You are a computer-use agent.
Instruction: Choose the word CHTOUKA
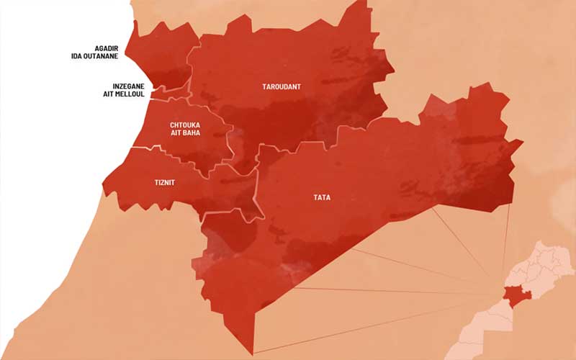point(185,125)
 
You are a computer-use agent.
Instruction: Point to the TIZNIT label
point(165,182)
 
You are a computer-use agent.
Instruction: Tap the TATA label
point(322,197)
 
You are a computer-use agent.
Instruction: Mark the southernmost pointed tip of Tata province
point(253,354)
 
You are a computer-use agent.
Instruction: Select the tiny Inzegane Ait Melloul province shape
point(171,92)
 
